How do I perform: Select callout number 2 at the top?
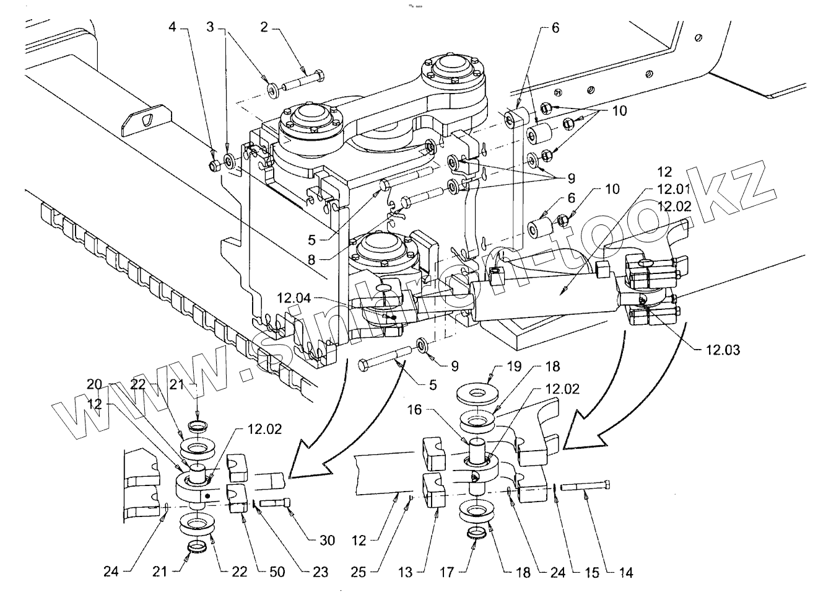[264, 27]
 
